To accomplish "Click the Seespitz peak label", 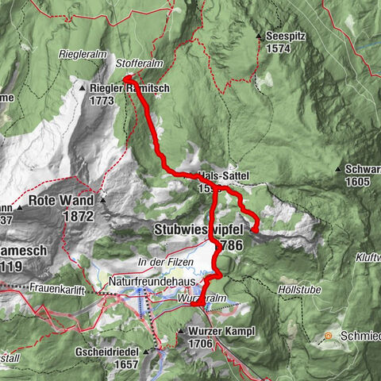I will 288,35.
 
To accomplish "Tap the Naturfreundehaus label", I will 147,281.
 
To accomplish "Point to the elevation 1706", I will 206,343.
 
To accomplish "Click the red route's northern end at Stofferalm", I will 127,78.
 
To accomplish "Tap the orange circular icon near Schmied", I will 328,337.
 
